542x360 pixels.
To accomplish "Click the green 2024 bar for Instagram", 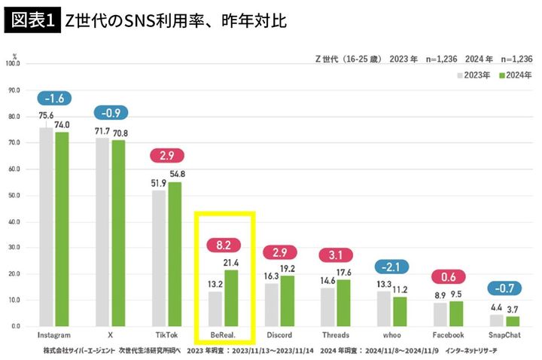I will point(62,229).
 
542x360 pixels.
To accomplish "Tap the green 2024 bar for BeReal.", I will point(231,297).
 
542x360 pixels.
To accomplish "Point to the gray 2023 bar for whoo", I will point(384,308).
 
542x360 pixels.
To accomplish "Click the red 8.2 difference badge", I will point(224,245).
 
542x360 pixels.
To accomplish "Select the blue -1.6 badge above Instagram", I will point(55,98).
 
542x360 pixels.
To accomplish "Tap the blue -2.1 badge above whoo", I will point(391,267).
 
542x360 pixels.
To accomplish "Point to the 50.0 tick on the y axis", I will point(14,195).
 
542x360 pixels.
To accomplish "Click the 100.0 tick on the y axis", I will point(14,64).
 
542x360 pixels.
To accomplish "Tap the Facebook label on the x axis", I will point(448,334).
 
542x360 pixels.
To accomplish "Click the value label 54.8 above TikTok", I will point(177,174).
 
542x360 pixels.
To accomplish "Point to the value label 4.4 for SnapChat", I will point(496,307).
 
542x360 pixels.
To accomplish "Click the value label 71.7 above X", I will point(102,131).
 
